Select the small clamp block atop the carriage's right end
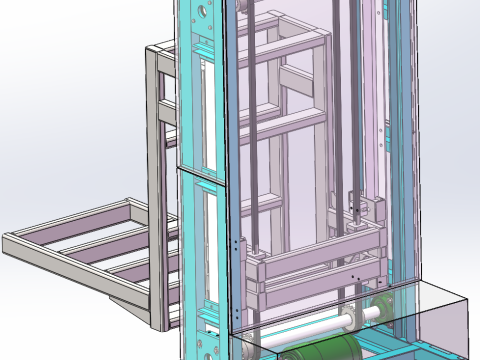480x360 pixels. click(x=357, y=214)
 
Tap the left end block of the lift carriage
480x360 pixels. click(x=259, y=269)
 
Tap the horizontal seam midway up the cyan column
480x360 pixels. click(x=200, y=171)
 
